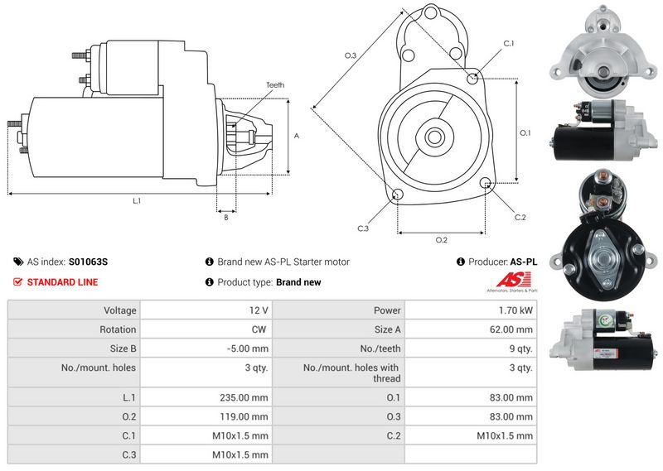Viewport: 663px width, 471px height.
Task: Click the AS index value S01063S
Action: (88, 262)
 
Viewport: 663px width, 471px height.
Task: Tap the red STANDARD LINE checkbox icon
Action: (17, 281)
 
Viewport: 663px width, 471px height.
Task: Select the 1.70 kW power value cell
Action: (471, 310)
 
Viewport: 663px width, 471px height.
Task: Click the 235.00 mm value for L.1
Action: (206, 397)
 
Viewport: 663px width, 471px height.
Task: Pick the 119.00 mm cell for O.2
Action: (206, 416)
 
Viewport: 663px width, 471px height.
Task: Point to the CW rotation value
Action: (206, 329)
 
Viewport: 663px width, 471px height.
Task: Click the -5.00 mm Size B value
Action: (206, 348)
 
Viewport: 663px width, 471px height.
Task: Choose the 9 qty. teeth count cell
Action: (471, 348)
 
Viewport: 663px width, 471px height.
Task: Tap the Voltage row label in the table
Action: (120, 310)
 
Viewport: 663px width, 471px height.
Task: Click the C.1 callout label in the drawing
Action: (509, 44)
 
